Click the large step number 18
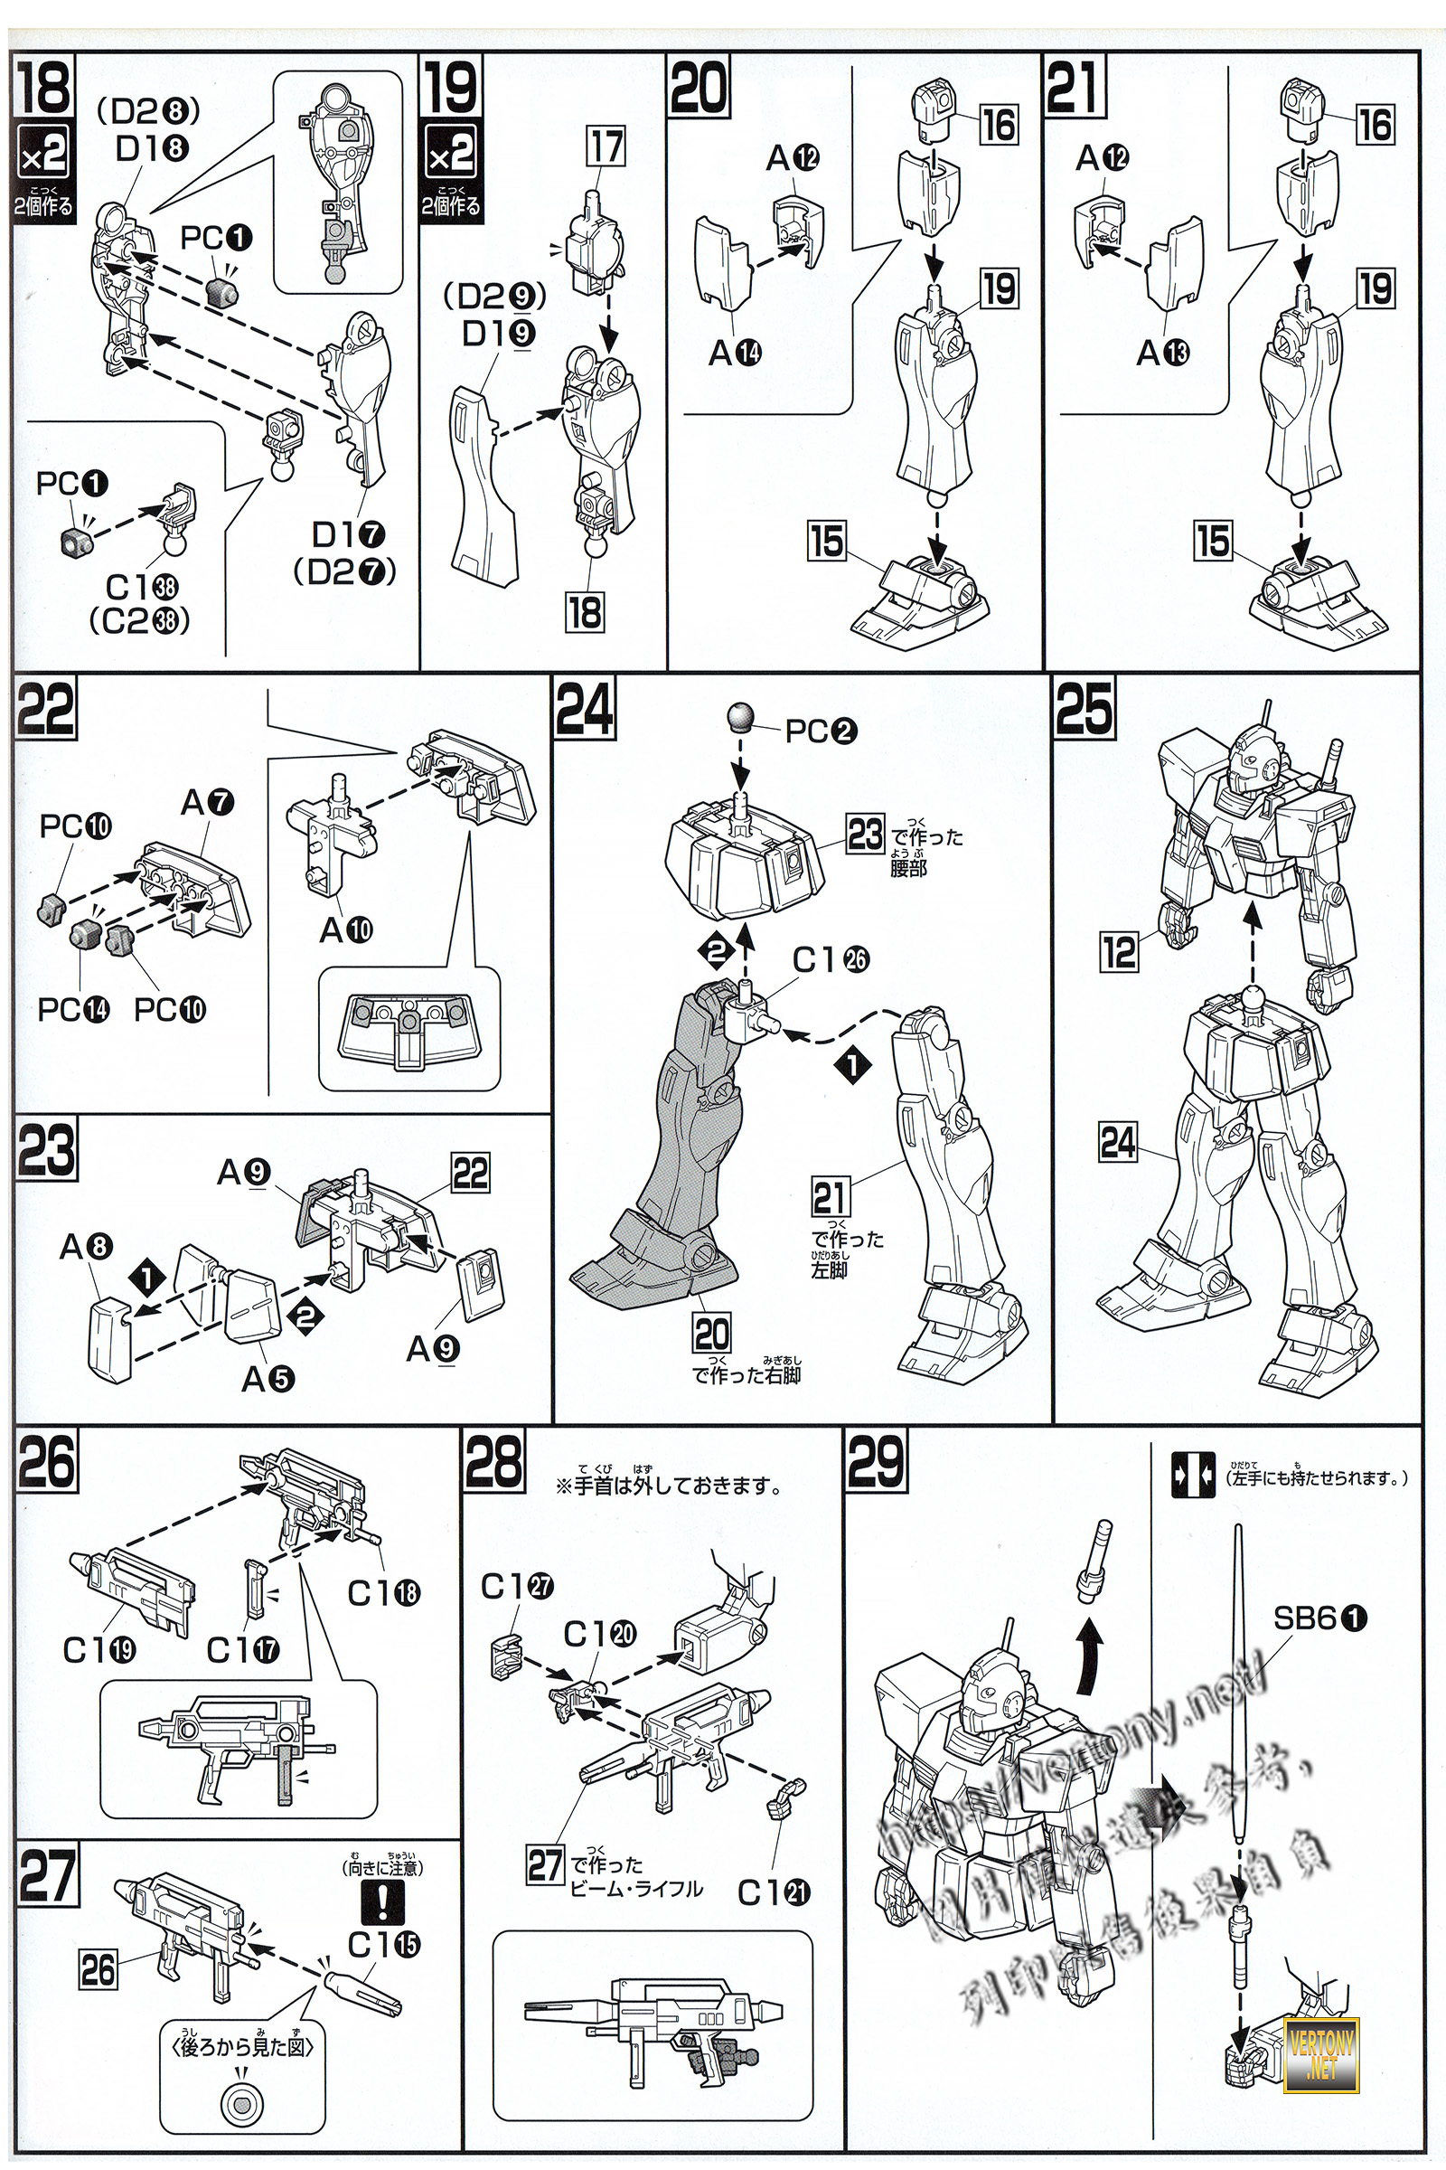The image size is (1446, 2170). (x=43, y=86)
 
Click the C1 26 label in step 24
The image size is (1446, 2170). (x=830, y=960)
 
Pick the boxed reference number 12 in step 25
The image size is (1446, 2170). (x=1119, y=951)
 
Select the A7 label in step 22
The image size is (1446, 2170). (x=207, y=803)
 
